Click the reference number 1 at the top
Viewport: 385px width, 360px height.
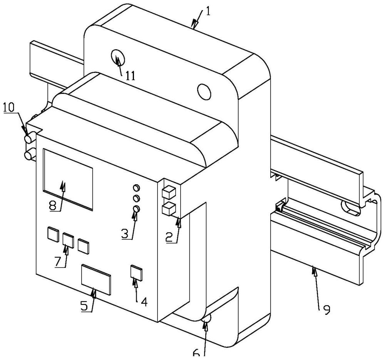pyautogui.click(x=208, y=12)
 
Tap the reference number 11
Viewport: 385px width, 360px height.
pyautogui.click(x=131, y=76)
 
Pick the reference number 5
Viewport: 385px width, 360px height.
pyautogui.click(x=84, y=305)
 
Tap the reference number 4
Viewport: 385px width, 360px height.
pyautogui.click(x=144, y=302)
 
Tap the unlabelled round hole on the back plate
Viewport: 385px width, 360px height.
pyautogui.click(x=204, y=92)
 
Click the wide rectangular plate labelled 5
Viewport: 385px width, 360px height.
pyautogui.click(x=96, y=279)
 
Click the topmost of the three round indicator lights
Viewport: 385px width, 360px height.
pyautogui.click(x=136, y=188)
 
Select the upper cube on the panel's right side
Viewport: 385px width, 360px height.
pyautogui.click(x=169, y=192)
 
